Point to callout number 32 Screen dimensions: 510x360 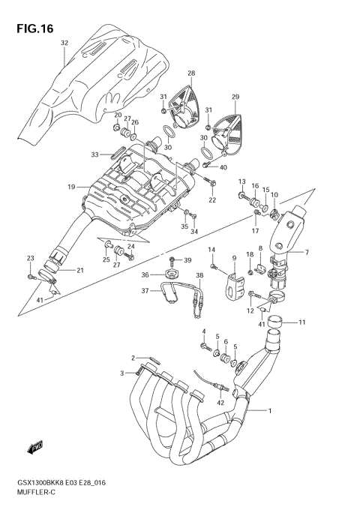64,43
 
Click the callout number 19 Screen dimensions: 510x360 70,187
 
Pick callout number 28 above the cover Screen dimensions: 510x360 190,73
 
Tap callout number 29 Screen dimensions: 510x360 235,97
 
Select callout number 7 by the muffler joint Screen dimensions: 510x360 307,252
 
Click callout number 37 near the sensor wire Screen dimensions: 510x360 145,291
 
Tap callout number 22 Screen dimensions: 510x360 212,200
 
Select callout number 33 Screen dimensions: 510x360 95,154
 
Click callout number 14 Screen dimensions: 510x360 211,249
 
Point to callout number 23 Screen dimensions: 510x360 31,258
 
